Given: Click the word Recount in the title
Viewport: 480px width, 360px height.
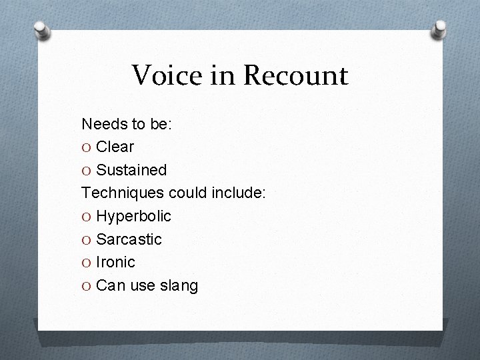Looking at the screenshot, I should (295, 75).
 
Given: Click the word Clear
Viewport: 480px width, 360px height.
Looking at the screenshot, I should (115, 147).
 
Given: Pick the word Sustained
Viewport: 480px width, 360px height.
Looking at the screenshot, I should (131, 170).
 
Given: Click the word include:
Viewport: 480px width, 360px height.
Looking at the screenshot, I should (239, 193).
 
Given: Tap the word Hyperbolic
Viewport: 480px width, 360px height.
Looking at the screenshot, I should (133, 216).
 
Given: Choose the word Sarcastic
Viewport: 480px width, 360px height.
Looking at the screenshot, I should (129, 239).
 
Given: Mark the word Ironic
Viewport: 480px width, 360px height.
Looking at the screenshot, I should (115, 262).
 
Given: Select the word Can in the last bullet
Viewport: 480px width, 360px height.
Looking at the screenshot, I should (109, 286).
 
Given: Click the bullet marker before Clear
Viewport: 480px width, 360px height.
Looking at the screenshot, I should (87, 147).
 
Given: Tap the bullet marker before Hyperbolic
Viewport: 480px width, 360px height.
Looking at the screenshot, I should (87, 217).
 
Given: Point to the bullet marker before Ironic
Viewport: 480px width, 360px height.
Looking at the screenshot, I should (87, 263).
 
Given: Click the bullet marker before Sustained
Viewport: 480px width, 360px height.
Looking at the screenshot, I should (87, 171).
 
